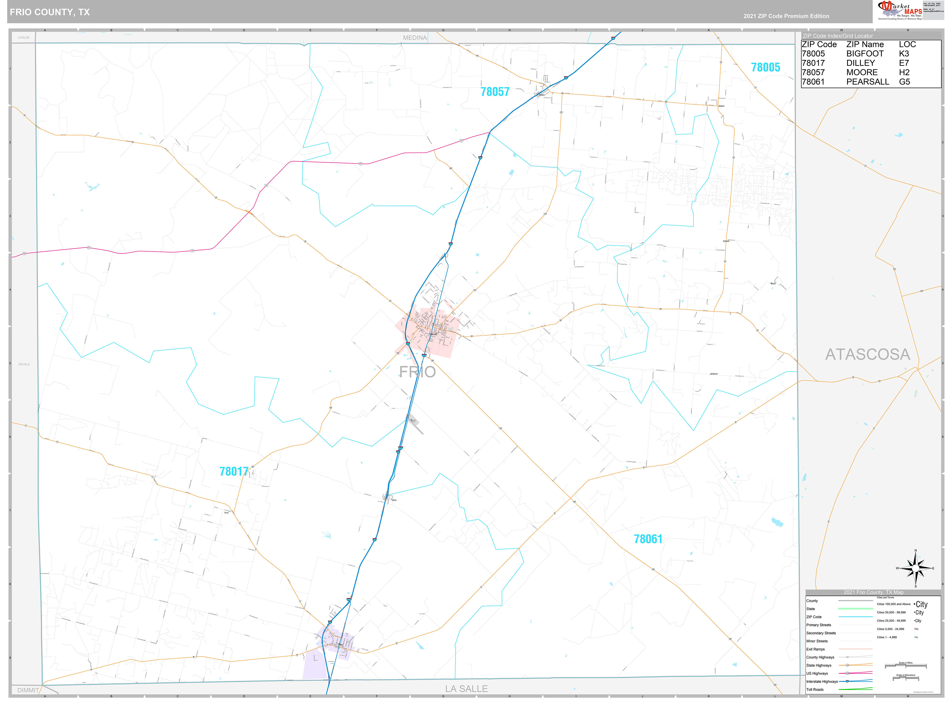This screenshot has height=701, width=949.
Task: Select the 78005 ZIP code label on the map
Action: pyautogui.click(x=765, y=67)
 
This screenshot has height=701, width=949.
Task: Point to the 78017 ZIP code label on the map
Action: pyautogui.click(x=234, y=472)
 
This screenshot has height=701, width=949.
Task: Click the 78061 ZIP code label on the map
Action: pyautogui.click(x=648, y=539)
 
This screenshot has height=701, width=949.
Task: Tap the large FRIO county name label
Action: pyautogui.click(x=417, y=372)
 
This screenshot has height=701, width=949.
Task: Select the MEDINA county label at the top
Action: pyautogui.click(x=415, y=38)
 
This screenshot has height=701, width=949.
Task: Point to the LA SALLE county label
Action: pyautogui.click(x=466, y=689)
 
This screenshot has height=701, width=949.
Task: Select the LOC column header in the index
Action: pyautogui.click(x=907, y=44)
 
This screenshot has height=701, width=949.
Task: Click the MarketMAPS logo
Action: pyautogui.click(x=900, y=10)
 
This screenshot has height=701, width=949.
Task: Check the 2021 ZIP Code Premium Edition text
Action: pyautogui.click(x=786, y=16)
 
